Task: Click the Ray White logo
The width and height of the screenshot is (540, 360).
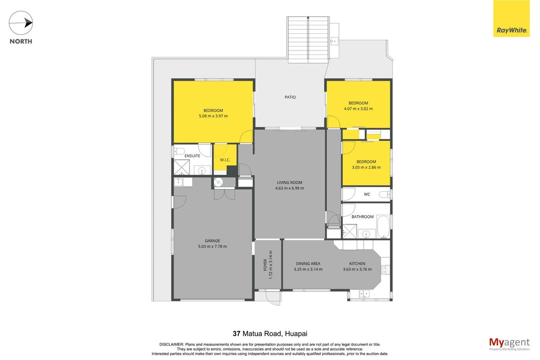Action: pyautogui.click(x=511, y=18)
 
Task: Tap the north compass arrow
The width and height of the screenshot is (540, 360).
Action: pyautogui.click(x=21, y=23)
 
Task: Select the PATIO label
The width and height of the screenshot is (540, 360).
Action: pyautogui.click(x=290, y=97)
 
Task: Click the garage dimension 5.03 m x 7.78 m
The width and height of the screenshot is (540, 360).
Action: pyautogui.click(x=212, y=247)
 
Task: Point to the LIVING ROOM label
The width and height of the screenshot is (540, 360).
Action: pyautogui.click(x=289, y=183)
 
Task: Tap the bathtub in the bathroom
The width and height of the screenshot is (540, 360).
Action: pyautogui.click(x=383, y=226)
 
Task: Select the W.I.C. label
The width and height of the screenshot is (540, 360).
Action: pyautogui.click(x=225, y=160)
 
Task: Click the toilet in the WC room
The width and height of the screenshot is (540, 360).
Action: pyautogui.click(x=385, y=194)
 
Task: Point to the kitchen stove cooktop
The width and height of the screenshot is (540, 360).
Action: pyautogui.click(x=385, y=270)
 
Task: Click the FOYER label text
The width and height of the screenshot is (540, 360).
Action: pyautogui.click(x=265, y=265)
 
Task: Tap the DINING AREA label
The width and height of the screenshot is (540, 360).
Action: pyautogui.click(x=308, y=264)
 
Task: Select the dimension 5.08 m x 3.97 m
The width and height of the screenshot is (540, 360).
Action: pyautogui.click(x=213, y=116)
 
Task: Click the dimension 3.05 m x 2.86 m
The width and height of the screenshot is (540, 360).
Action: pyautogui.click(x=366, y=167)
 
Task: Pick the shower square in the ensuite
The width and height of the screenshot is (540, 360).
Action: pyautogui.click(x=182, y=167)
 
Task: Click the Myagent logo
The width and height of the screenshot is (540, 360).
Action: pyautogui.click(x=509, y=344)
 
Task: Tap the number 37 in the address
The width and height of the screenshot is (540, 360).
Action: pyautogui.click(x=237, y=334)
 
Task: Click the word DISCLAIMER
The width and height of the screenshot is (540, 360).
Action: pyautogui.click(x=171, y=345)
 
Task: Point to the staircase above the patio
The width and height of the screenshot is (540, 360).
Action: pyautogui.click(x=308, y=40)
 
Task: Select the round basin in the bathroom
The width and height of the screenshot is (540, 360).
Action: pyautogui.click(x=366, y=234)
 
